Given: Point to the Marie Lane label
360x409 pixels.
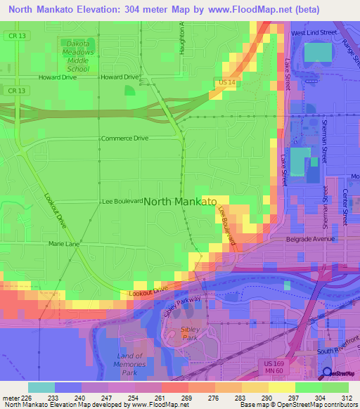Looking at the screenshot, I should tap(64, 244).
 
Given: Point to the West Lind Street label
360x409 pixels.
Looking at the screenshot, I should tap(315, 32).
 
